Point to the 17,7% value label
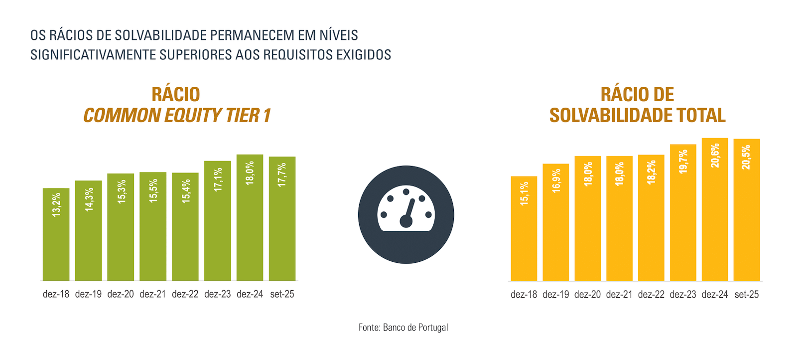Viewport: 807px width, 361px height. click(x=282, y=175)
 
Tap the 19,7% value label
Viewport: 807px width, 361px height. click(x=683, y=162)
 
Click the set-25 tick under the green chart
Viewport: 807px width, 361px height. click(x=282, y=294)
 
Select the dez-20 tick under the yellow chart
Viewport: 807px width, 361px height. click(x=588, y=295)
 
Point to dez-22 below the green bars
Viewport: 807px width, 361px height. click(x=185, y=294)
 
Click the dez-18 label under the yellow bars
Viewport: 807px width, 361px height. click(x=524, y=295)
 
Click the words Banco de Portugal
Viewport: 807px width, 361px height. click(x=415, y=328)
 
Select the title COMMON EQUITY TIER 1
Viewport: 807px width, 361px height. click(x=177, y=116)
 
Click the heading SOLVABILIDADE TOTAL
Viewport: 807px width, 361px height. click(x=638, y=116)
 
